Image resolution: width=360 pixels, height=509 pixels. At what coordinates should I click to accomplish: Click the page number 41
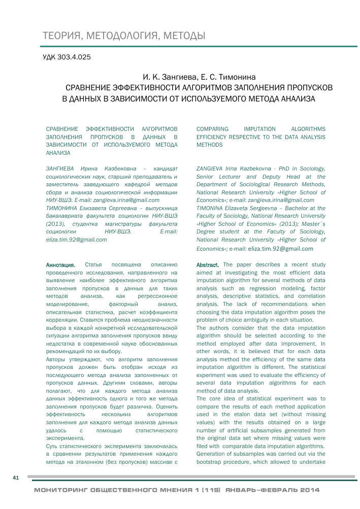(15, 478)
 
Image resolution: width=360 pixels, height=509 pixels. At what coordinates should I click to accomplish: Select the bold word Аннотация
(60, 265)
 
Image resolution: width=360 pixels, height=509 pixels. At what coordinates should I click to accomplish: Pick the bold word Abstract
(208, 265)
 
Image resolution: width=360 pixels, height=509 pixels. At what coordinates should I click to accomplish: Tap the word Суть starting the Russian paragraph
(53, 447)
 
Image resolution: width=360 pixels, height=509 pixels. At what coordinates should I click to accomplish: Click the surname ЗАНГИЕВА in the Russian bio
(60, 168)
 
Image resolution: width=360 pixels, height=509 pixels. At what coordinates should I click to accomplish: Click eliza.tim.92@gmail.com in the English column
(280, 249)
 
